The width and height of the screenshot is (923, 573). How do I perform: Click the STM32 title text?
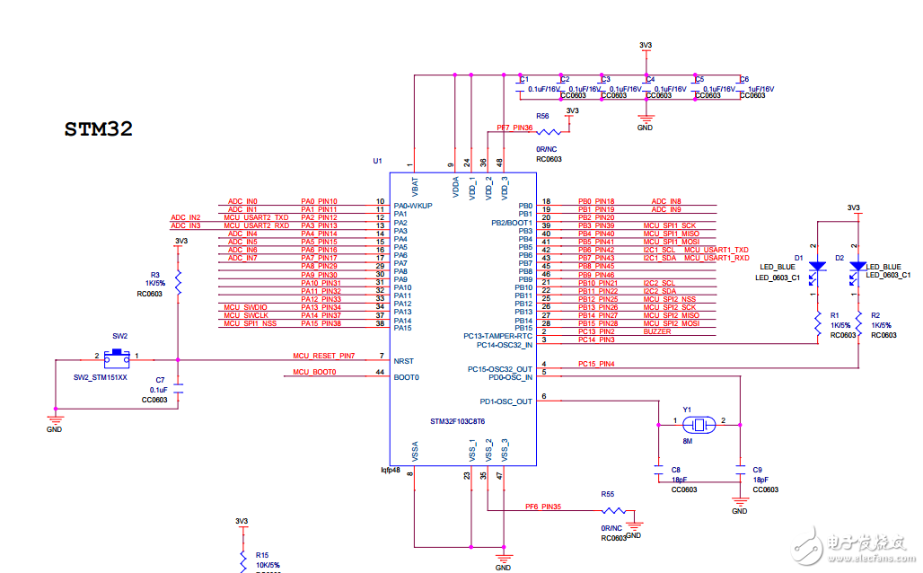[99, 129]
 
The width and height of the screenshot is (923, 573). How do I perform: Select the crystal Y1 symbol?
[699, 422]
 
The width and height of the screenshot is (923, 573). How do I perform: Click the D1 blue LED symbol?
[817, 267]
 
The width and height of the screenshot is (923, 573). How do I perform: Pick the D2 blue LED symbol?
[857, 267]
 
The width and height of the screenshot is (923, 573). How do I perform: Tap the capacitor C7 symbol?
[178, 390]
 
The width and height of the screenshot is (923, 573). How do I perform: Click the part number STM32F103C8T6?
[457, 421]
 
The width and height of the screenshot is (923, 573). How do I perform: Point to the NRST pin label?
[403, 360]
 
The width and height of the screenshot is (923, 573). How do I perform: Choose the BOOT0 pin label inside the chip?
[407, 376]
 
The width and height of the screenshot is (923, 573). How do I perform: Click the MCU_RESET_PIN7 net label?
[324, 357]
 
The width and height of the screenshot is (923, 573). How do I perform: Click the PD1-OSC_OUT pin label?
[506, 401]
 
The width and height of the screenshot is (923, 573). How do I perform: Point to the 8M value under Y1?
[688, 441]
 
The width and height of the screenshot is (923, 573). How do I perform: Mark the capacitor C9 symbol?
[739, 469]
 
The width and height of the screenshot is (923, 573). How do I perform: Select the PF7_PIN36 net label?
[521, 128]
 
